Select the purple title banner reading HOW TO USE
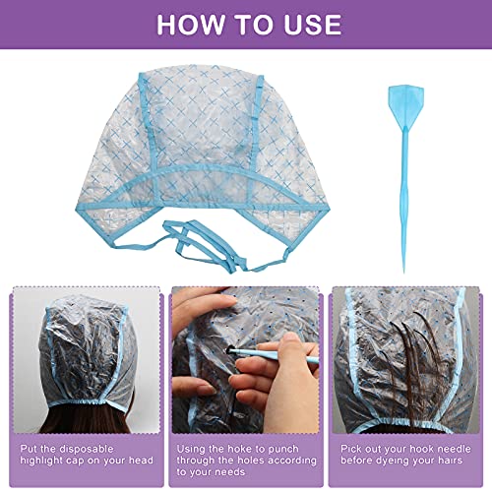[246, 25]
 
